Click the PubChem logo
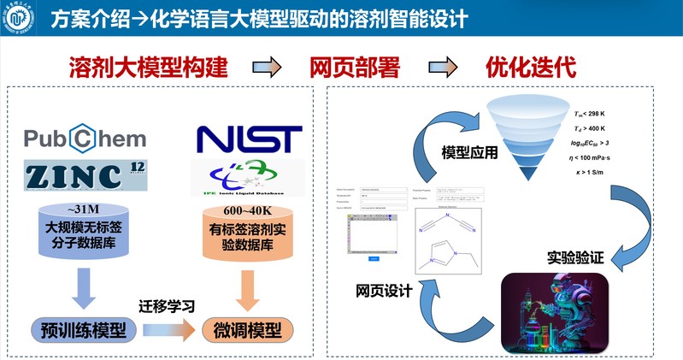pyautogui.click(x=85, y=139)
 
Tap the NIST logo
pyautogui.click(x=249, y=139)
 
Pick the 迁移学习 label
pyautogui.click(x=166, y=305)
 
